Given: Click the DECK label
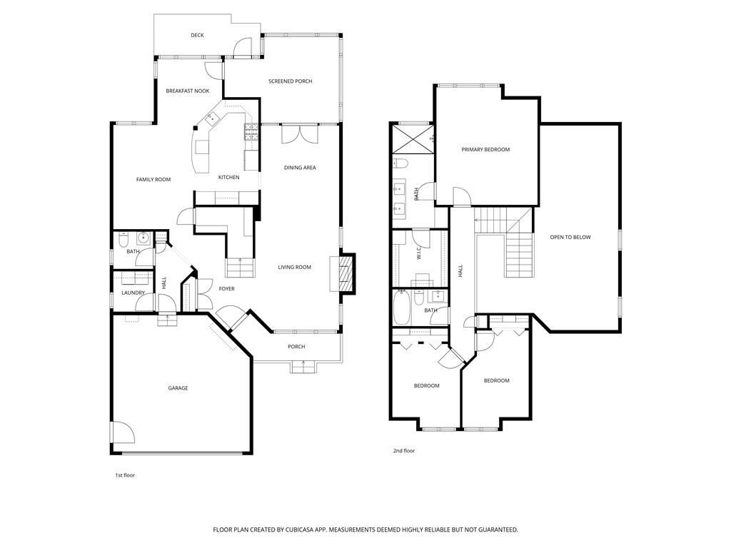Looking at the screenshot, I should [x=197, y=35].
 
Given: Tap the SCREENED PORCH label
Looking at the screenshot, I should [x=290, y=81].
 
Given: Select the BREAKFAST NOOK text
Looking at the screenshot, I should [x=188, y=91].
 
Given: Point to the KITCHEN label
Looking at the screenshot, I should [x=228, y=177].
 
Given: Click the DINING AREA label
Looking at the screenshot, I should [x=300, y=168].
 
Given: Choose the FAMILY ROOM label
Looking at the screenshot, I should [x=153, y=179].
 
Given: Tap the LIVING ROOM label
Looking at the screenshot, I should [x=294, y=268].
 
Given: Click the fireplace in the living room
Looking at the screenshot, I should [x=346, y=273].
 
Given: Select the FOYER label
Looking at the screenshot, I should [x=226, y=289].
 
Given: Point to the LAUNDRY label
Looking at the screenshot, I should [x=133, y=293].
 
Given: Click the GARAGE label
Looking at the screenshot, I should [x=178, y=388].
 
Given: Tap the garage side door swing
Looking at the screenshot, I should [x=121, y=432].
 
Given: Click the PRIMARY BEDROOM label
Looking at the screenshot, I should [x=485, y=150].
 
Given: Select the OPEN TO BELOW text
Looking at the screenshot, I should [x=570, y=237].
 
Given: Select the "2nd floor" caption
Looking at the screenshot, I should [x=403, y=451].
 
